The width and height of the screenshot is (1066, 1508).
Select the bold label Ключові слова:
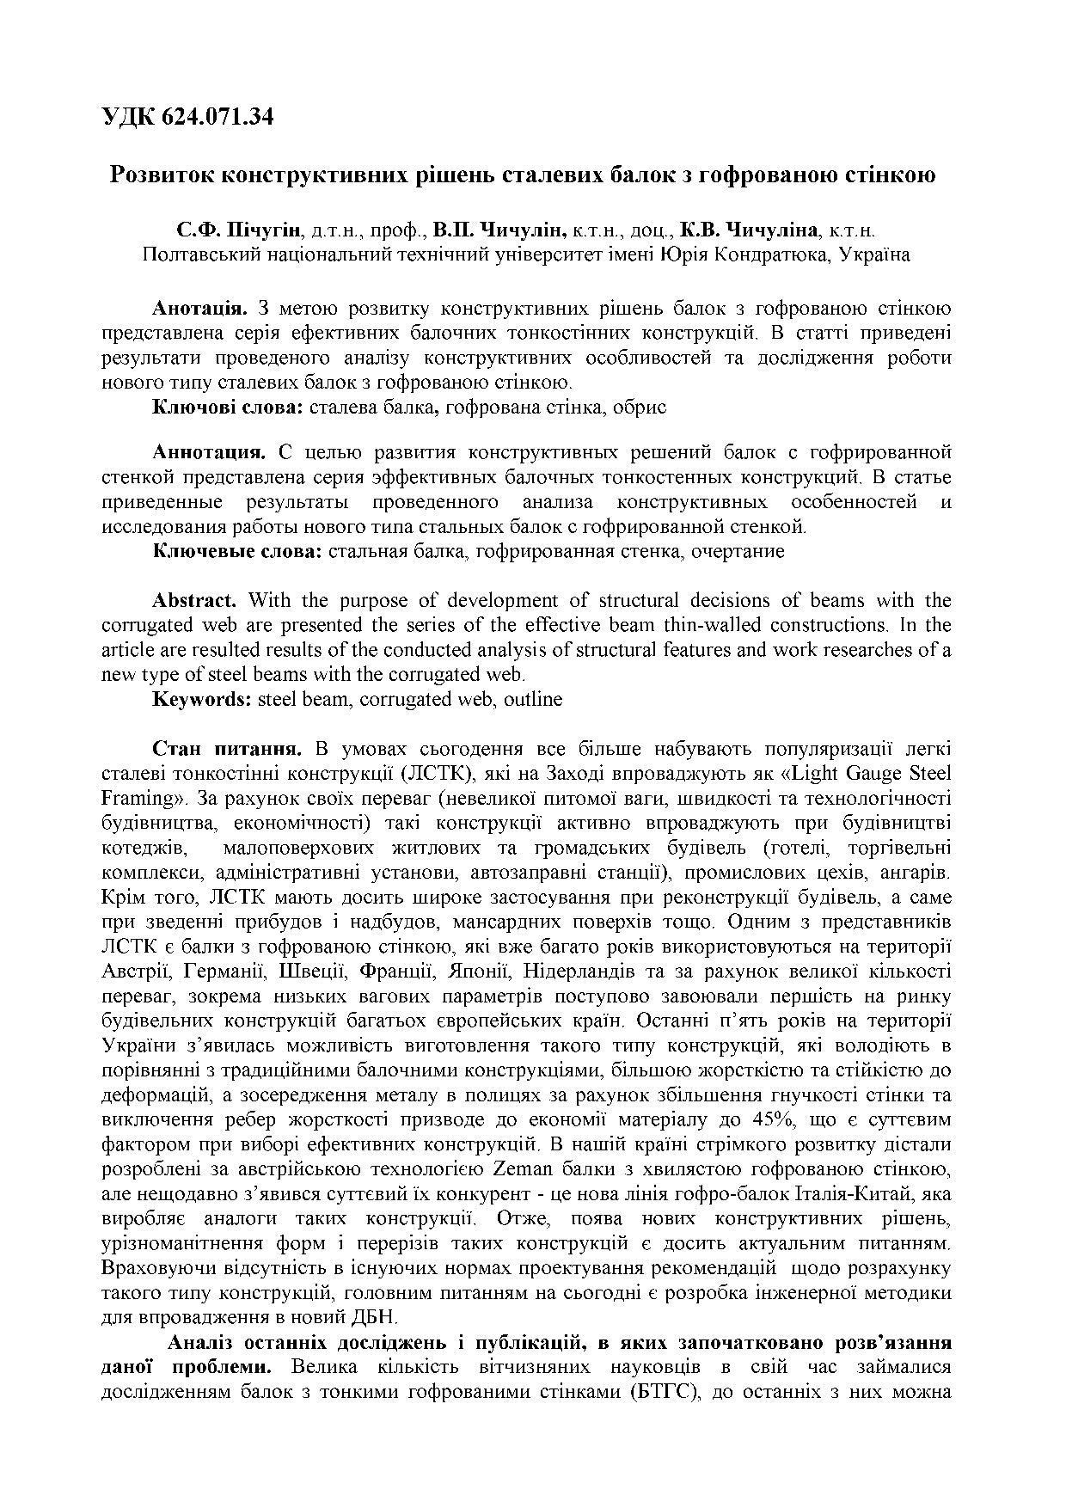coord(227,408)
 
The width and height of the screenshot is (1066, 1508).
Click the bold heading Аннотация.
coord(207,452)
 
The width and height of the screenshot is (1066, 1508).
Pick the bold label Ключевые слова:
coord(236,551)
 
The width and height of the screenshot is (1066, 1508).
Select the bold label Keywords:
coord(201,699)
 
